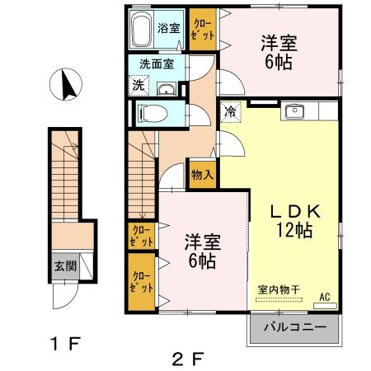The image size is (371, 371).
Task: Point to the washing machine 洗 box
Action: click(139, 84)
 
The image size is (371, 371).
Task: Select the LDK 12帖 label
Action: click(294, 219)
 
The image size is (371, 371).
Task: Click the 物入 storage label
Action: click(204, 175)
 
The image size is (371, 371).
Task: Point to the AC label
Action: click(324, 295)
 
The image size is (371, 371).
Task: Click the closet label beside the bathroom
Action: click(202, 30)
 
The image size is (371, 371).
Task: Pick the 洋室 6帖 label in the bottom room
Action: click(201, 251)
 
